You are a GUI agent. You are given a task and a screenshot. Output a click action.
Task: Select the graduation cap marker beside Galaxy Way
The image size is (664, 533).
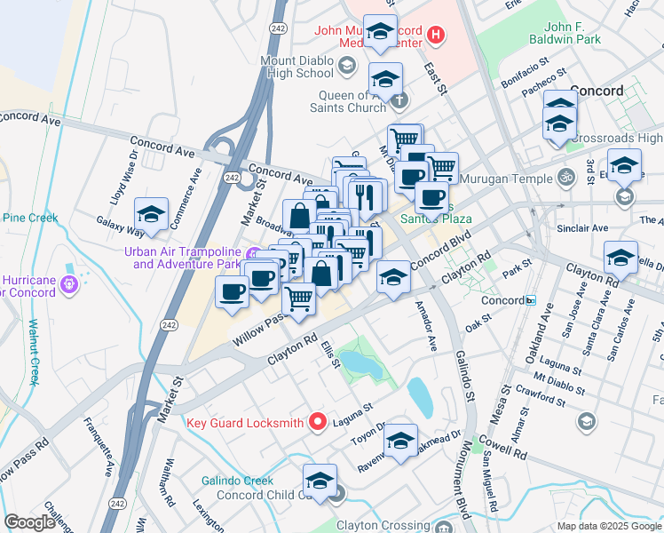(x=152, y=215)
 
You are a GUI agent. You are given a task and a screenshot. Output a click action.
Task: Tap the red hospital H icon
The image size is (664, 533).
(x=435, y=36)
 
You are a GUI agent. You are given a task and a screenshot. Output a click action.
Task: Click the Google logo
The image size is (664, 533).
(x=29, y=521)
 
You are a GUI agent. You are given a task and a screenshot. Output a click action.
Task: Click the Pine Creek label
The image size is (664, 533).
(x=29, y=218)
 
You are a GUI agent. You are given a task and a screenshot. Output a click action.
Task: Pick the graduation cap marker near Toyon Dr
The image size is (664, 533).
(x=400, y=442)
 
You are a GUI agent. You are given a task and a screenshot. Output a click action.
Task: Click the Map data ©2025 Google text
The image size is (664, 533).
(x=608, y=525)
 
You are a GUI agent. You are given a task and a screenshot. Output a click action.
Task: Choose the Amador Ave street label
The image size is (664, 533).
(x=426, y=327)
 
